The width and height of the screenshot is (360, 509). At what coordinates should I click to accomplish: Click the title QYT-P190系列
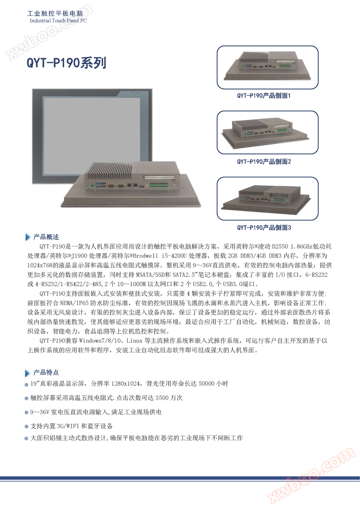66,63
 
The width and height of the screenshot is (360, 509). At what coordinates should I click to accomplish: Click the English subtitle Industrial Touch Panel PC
58,20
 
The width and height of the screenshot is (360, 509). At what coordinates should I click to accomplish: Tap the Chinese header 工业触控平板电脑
55,14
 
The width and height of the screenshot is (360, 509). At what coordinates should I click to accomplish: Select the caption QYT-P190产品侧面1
264,96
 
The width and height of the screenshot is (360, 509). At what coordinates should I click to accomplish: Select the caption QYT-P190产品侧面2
264,162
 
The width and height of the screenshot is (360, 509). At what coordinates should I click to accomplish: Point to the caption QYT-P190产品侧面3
264,228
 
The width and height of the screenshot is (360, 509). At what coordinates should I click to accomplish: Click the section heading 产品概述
46,237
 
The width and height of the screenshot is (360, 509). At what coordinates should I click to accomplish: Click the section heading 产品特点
46,373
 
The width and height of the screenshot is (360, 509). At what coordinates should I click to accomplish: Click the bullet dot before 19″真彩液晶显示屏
27,384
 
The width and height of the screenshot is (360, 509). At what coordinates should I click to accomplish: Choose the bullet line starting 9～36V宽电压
96,412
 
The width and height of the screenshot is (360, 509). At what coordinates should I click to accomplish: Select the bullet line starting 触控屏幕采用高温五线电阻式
106,398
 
